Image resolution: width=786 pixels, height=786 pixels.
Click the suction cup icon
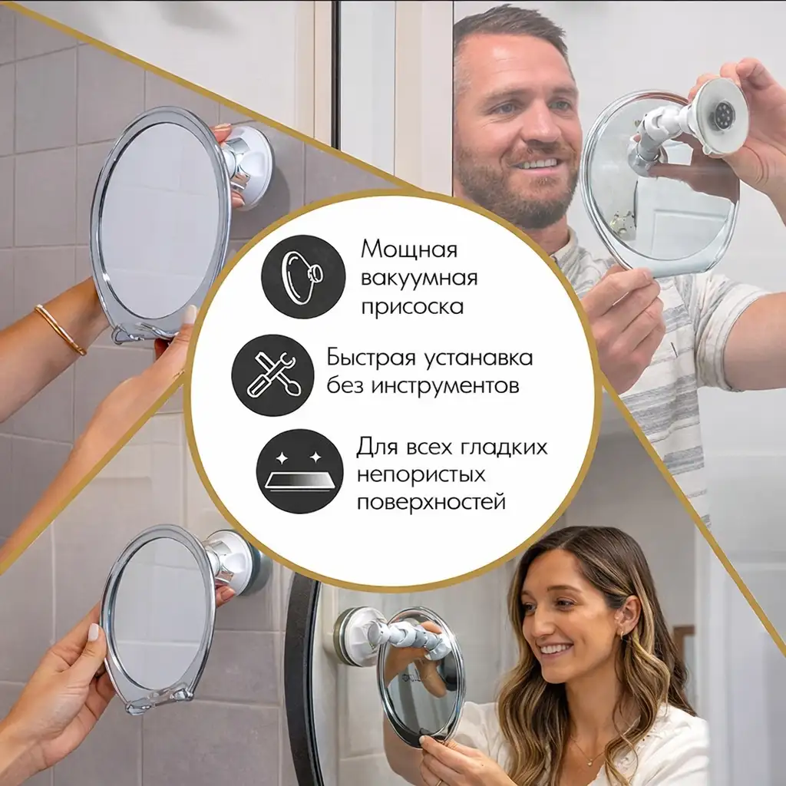click(302, 276)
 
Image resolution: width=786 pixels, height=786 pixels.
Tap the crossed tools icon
click(272, 375)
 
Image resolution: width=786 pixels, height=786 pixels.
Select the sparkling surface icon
click(299, 471)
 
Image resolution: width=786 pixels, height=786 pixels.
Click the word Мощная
click(409, 250)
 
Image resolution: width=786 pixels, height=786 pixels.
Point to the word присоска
click(413, 305)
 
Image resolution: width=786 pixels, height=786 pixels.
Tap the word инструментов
click(444, 385)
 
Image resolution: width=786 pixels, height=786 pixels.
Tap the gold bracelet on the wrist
click(60, 329)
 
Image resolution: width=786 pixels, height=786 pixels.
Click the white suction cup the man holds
click(719, 115)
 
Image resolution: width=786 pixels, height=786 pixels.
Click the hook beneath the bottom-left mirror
click(181, 695)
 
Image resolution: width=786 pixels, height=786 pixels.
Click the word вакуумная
click(419, 278)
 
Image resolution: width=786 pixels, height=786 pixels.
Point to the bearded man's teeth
click(538, 163)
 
